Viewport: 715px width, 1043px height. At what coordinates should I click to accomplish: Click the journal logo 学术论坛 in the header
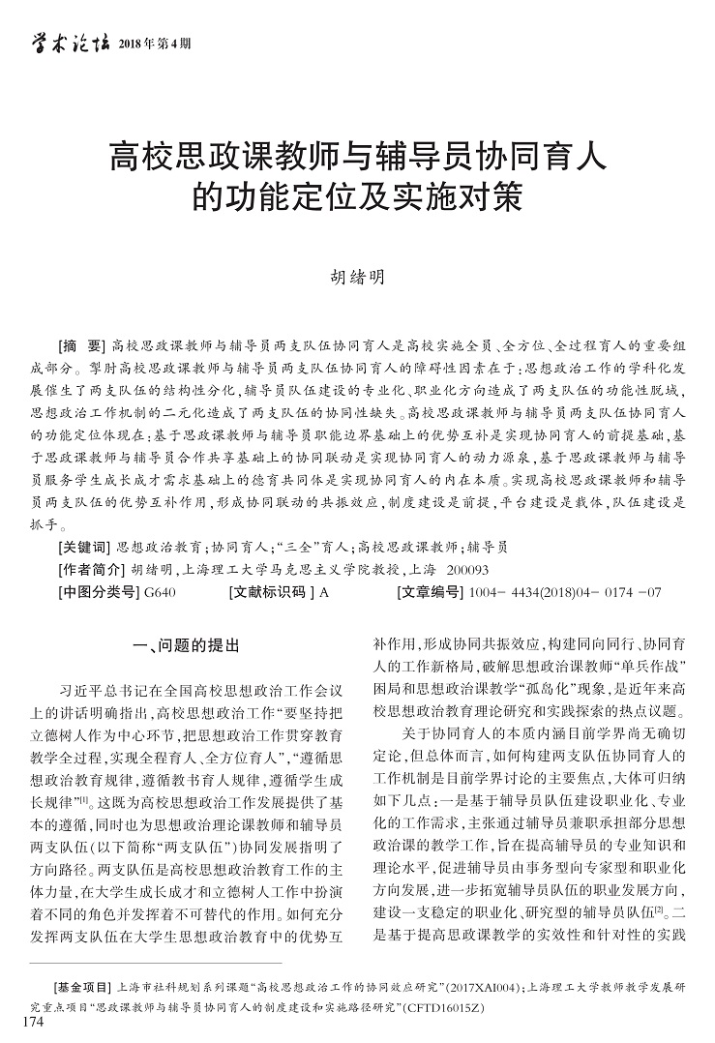point(67,42)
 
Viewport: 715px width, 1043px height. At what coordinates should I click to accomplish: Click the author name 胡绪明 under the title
point(357,277)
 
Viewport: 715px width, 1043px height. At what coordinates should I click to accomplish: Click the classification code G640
point(159,592)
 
